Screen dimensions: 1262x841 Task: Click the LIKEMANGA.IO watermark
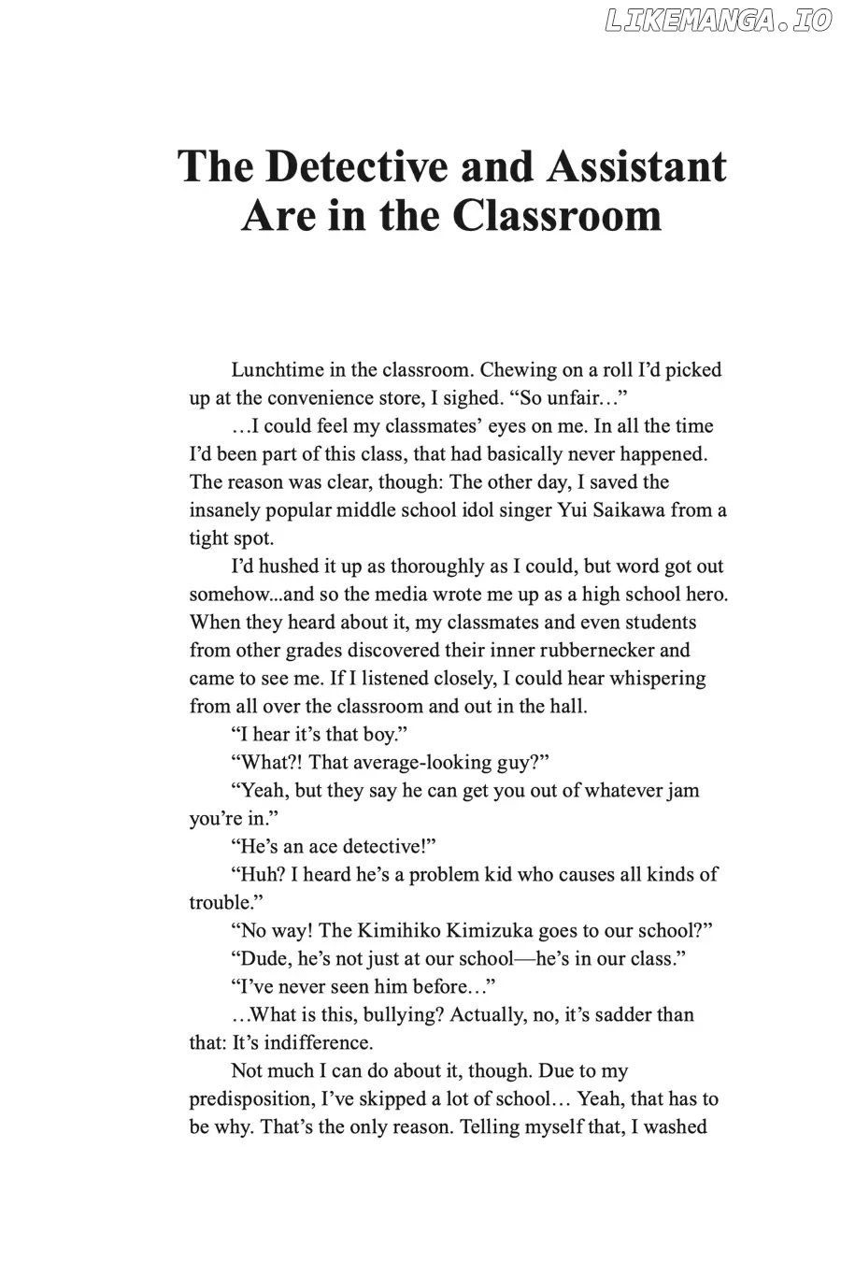click(x=718, y=21)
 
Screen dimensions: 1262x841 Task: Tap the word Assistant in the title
click(x=635, y=166)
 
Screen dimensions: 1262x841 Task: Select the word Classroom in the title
click(x=558, y=216)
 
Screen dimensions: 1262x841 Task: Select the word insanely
click(x=225, y=510)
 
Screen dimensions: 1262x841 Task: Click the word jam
click(x=682, y=791)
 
